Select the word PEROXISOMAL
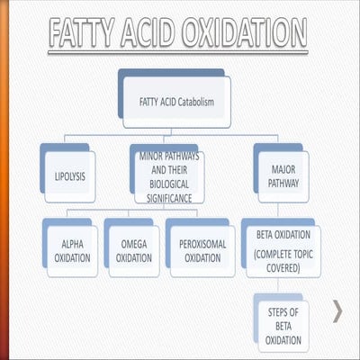196,243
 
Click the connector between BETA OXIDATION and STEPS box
279,286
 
